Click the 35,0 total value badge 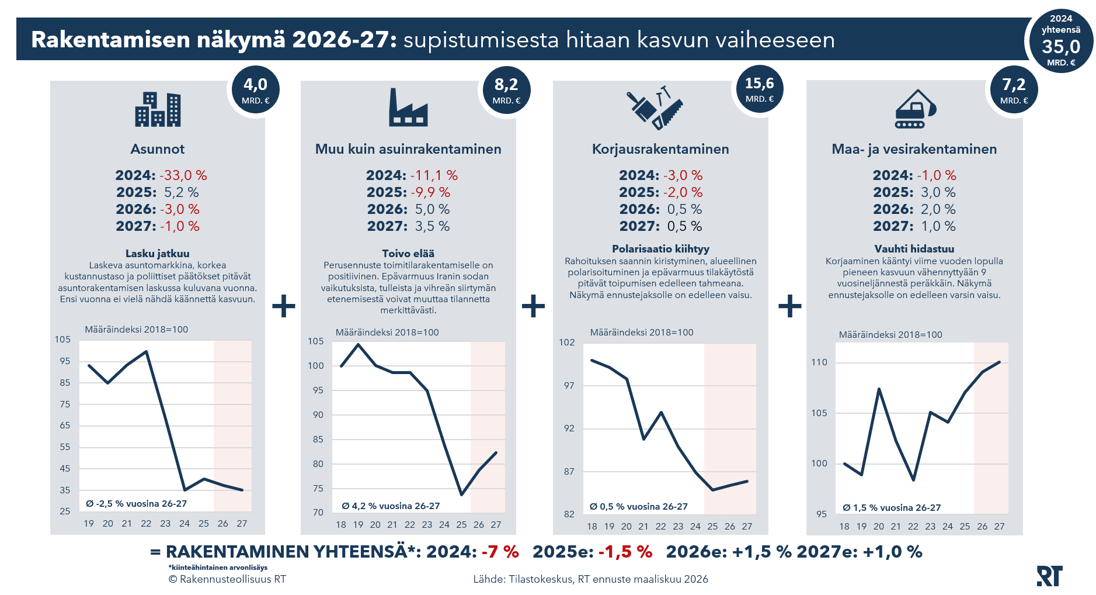click(x=1060, y=41)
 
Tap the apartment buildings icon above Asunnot click(x=158, y=109)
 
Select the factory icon click(x=408, y=108)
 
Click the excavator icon click(x=915, y=109)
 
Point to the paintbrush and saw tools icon click(x=655, y=109)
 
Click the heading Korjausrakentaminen click(x=660, y=149)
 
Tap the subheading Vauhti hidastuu click(x=914, y=249)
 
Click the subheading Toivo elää click(x=408, y=254)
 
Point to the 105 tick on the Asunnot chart click(x=62, y=340)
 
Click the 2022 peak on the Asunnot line click(x=146, y=351)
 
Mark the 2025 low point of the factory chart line click(x=461, y=494)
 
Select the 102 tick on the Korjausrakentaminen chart click(x=566, y=343)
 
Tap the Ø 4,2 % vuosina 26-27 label click(x=391, y=506)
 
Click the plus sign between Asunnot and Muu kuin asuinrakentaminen click(x=284, y=306)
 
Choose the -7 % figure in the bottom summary click(x=500, y=552)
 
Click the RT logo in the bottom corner click(x=1049, y=576)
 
